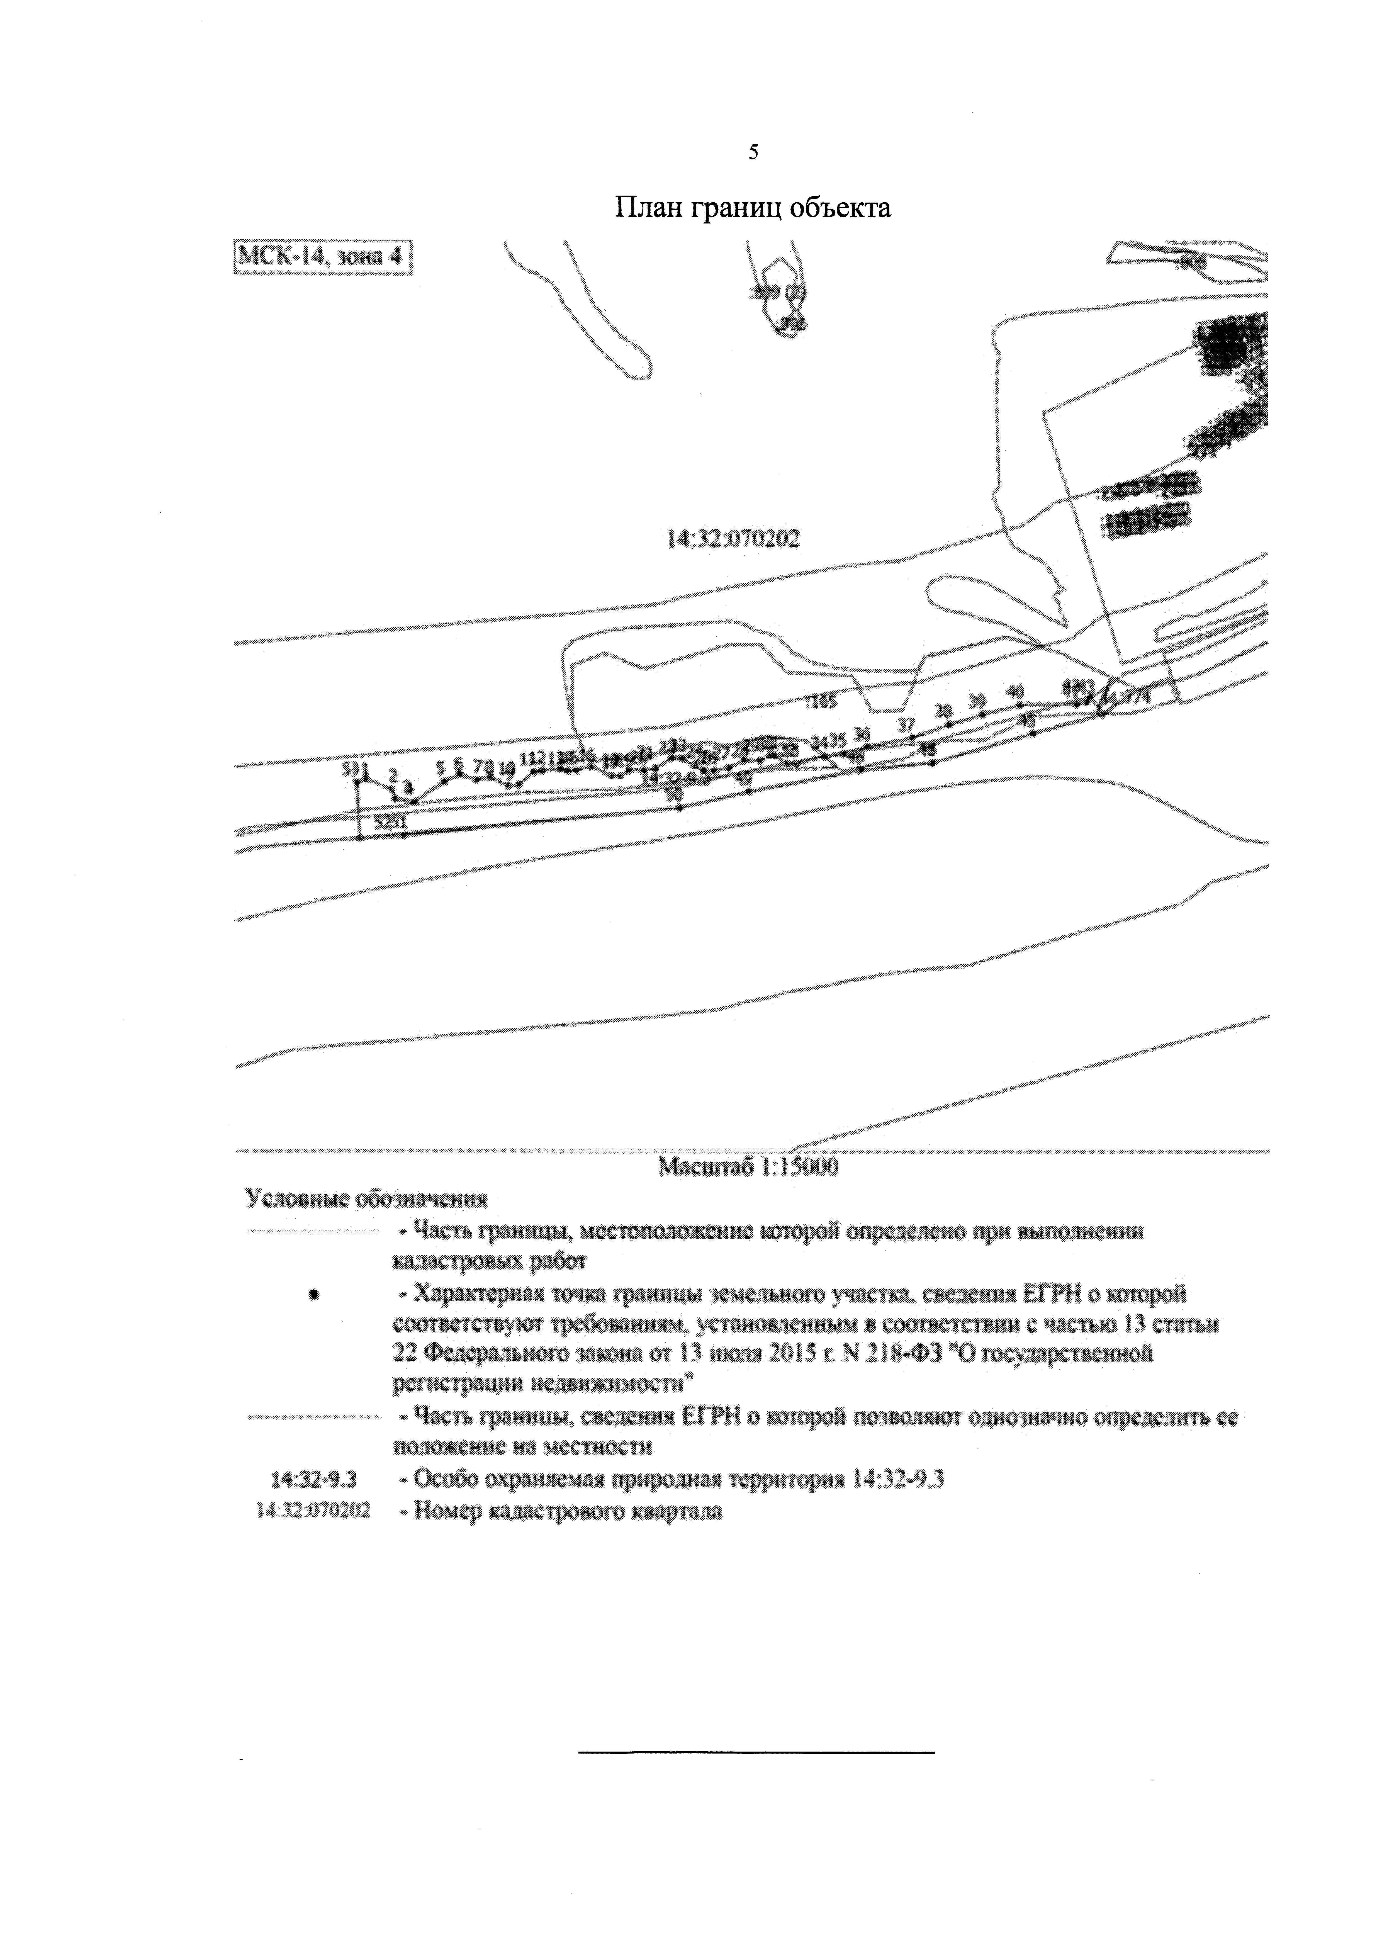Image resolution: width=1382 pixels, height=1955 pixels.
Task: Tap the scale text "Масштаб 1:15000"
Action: click(749, 1167)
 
